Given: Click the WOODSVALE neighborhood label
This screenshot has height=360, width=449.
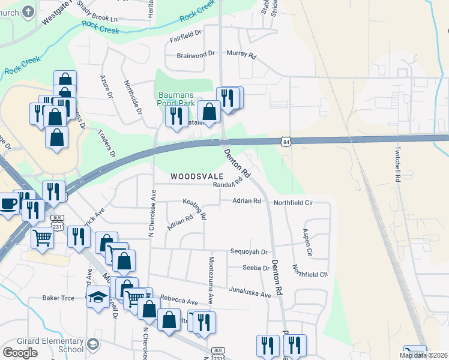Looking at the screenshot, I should pos(197,176).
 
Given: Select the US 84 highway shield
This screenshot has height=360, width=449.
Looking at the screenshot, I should pos(286,140).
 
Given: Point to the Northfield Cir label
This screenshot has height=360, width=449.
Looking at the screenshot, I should pos(294,203).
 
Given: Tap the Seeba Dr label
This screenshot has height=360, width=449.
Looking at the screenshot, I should pos(256,268).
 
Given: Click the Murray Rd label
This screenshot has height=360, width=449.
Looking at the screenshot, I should pos(241,54).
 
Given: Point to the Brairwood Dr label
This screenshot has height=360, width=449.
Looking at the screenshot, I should pos(196,54).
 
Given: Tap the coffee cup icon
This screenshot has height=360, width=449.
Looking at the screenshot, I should pos(8,203).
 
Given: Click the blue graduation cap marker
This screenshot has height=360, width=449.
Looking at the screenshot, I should pos(98,296).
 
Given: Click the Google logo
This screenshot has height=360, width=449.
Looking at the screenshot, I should pos(20,353).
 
